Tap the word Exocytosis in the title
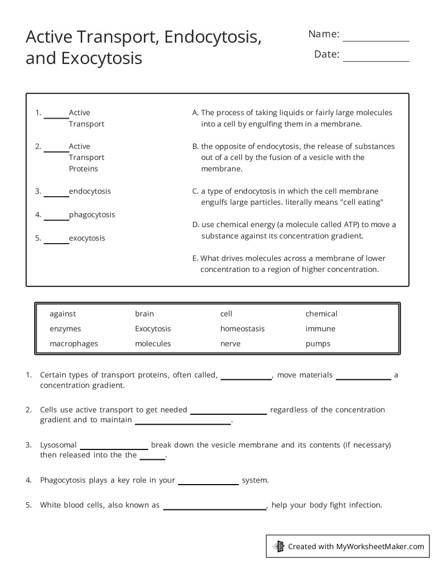pyautogui.click(x=102, y=58)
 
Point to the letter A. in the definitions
pyautogui.click(x=195, y=112)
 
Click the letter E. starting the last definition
pyautogui.click(x=195, y=258)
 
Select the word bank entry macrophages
pyautogui.click(x=74, y=344)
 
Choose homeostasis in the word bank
pyautogui.click(x=242, y=329)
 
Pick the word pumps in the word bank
pyautogui.click(x=318, y=344)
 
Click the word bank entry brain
pyautogui.click(x=144, y=314)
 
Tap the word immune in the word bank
pyautogui.click(x=320, y=329)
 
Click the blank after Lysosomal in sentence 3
pyautogui.click(x=114, y=448)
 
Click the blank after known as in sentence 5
pyautogui.click(x=214, y=508)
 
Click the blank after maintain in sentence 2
pyautogui.click(x=182, y=423)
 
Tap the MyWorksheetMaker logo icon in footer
pyautogui.click(x=278, y=546)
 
